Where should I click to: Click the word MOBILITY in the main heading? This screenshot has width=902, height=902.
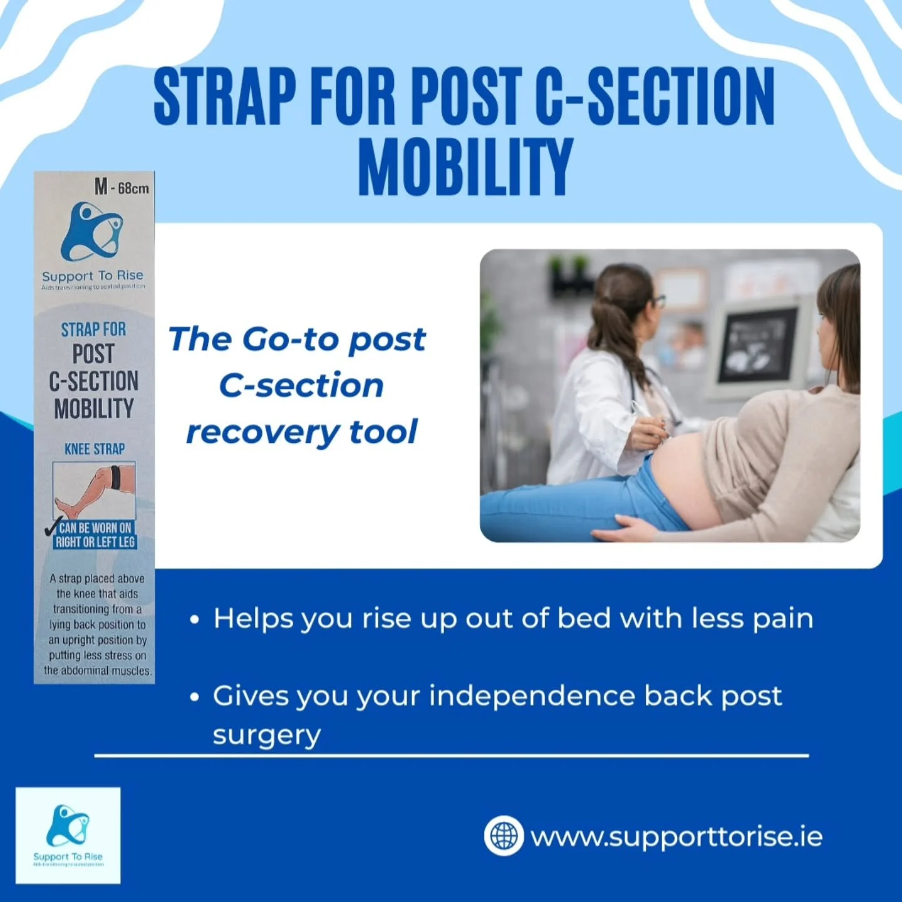465,167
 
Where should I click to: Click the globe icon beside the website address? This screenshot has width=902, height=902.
504,836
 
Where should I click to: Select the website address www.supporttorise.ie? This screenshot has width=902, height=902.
676,837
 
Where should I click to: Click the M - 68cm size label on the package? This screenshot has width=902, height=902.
122,187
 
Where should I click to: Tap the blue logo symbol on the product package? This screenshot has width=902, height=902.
92,232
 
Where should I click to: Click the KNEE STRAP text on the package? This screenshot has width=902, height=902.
95,449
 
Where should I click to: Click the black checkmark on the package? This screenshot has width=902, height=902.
53,527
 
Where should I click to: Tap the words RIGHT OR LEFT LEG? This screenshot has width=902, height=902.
95,542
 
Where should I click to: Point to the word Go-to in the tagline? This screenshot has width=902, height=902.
291,340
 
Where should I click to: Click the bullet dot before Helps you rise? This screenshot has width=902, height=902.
195,620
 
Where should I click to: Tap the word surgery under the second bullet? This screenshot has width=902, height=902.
267,735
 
